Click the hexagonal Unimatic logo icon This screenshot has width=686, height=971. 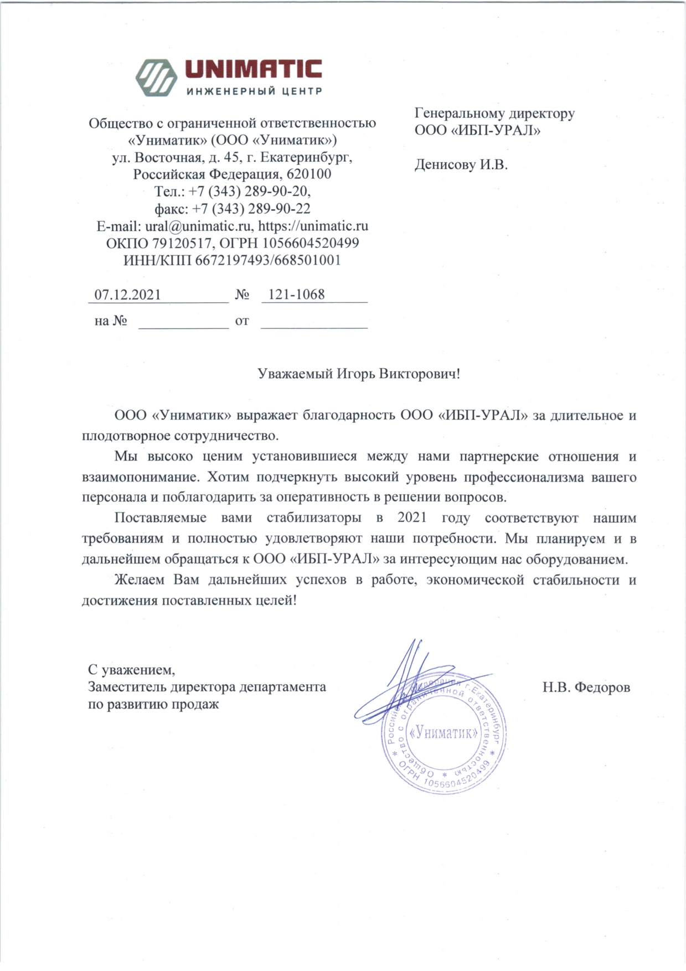[156, 78]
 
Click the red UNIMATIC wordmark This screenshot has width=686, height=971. [253, 70]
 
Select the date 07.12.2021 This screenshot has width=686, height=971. [127, 295]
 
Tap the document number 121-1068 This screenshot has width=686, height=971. [296, 295]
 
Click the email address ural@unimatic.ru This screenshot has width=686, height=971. [198, 226]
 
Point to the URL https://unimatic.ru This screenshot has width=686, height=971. [313, 226]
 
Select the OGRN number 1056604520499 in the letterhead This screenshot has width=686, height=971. [311, 243]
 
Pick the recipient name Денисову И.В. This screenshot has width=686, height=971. [461, 164]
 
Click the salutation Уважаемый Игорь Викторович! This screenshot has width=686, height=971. [359, 374]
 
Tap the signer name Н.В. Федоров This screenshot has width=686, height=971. [586, 687]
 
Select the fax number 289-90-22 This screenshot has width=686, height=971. [279, 209]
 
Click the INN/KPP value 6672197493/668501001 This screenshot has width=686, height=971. [267, 260]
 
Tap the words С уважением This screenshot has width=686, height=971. [131, 670]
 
